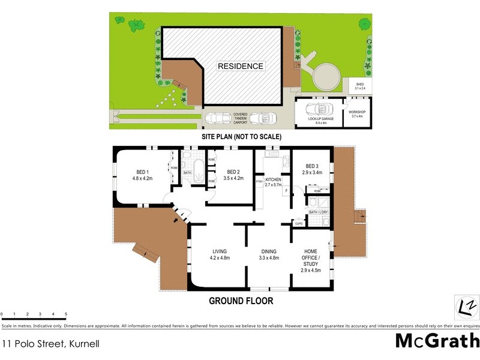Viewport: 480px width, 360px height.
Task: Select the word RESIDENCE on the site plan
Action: [x=240, y=66]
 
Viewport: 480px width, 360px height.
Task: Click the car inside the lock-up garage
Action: [x=320, y=110]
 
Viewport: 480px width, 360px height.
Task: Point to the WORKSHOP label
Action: [x=357, y=114]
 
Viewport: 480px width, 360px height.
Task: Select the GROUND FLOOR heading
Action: [x=241, y=301]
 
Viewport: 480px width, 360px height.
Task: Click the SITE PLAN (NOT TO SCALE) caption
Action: [x=241, y=137]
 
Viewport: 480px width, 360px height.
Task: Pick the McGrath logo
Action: [x=437, y=340]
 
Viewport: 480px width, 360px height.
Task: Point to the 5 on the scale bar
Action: [x=66, y=314]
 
